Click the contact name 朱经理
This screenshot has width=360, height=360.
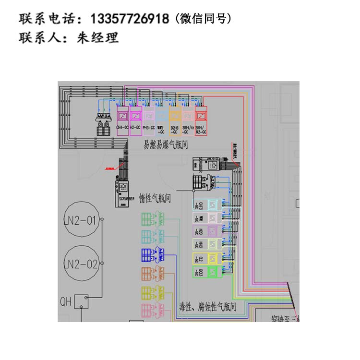[x=98, y=38]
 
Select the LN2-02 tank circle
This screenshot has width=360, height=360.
[x=81, y=264]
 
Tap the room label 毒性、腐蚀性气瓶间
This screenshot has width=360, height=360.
[x=207, y=306]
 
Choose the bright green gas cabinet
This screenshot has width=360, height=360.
[x=207, y=273]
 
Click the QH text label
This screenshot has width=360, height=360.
[x=66, y=301]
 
